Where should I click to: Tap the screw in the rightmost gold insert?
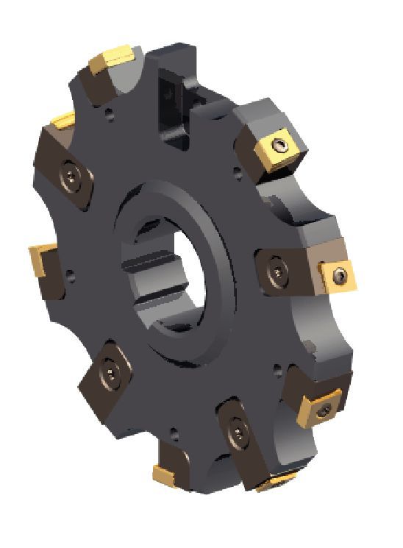click(338, 275)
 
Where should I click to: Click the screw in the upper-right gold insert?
click(282, 144)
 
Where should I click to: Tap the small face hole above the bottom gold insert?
click(174, 433)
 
